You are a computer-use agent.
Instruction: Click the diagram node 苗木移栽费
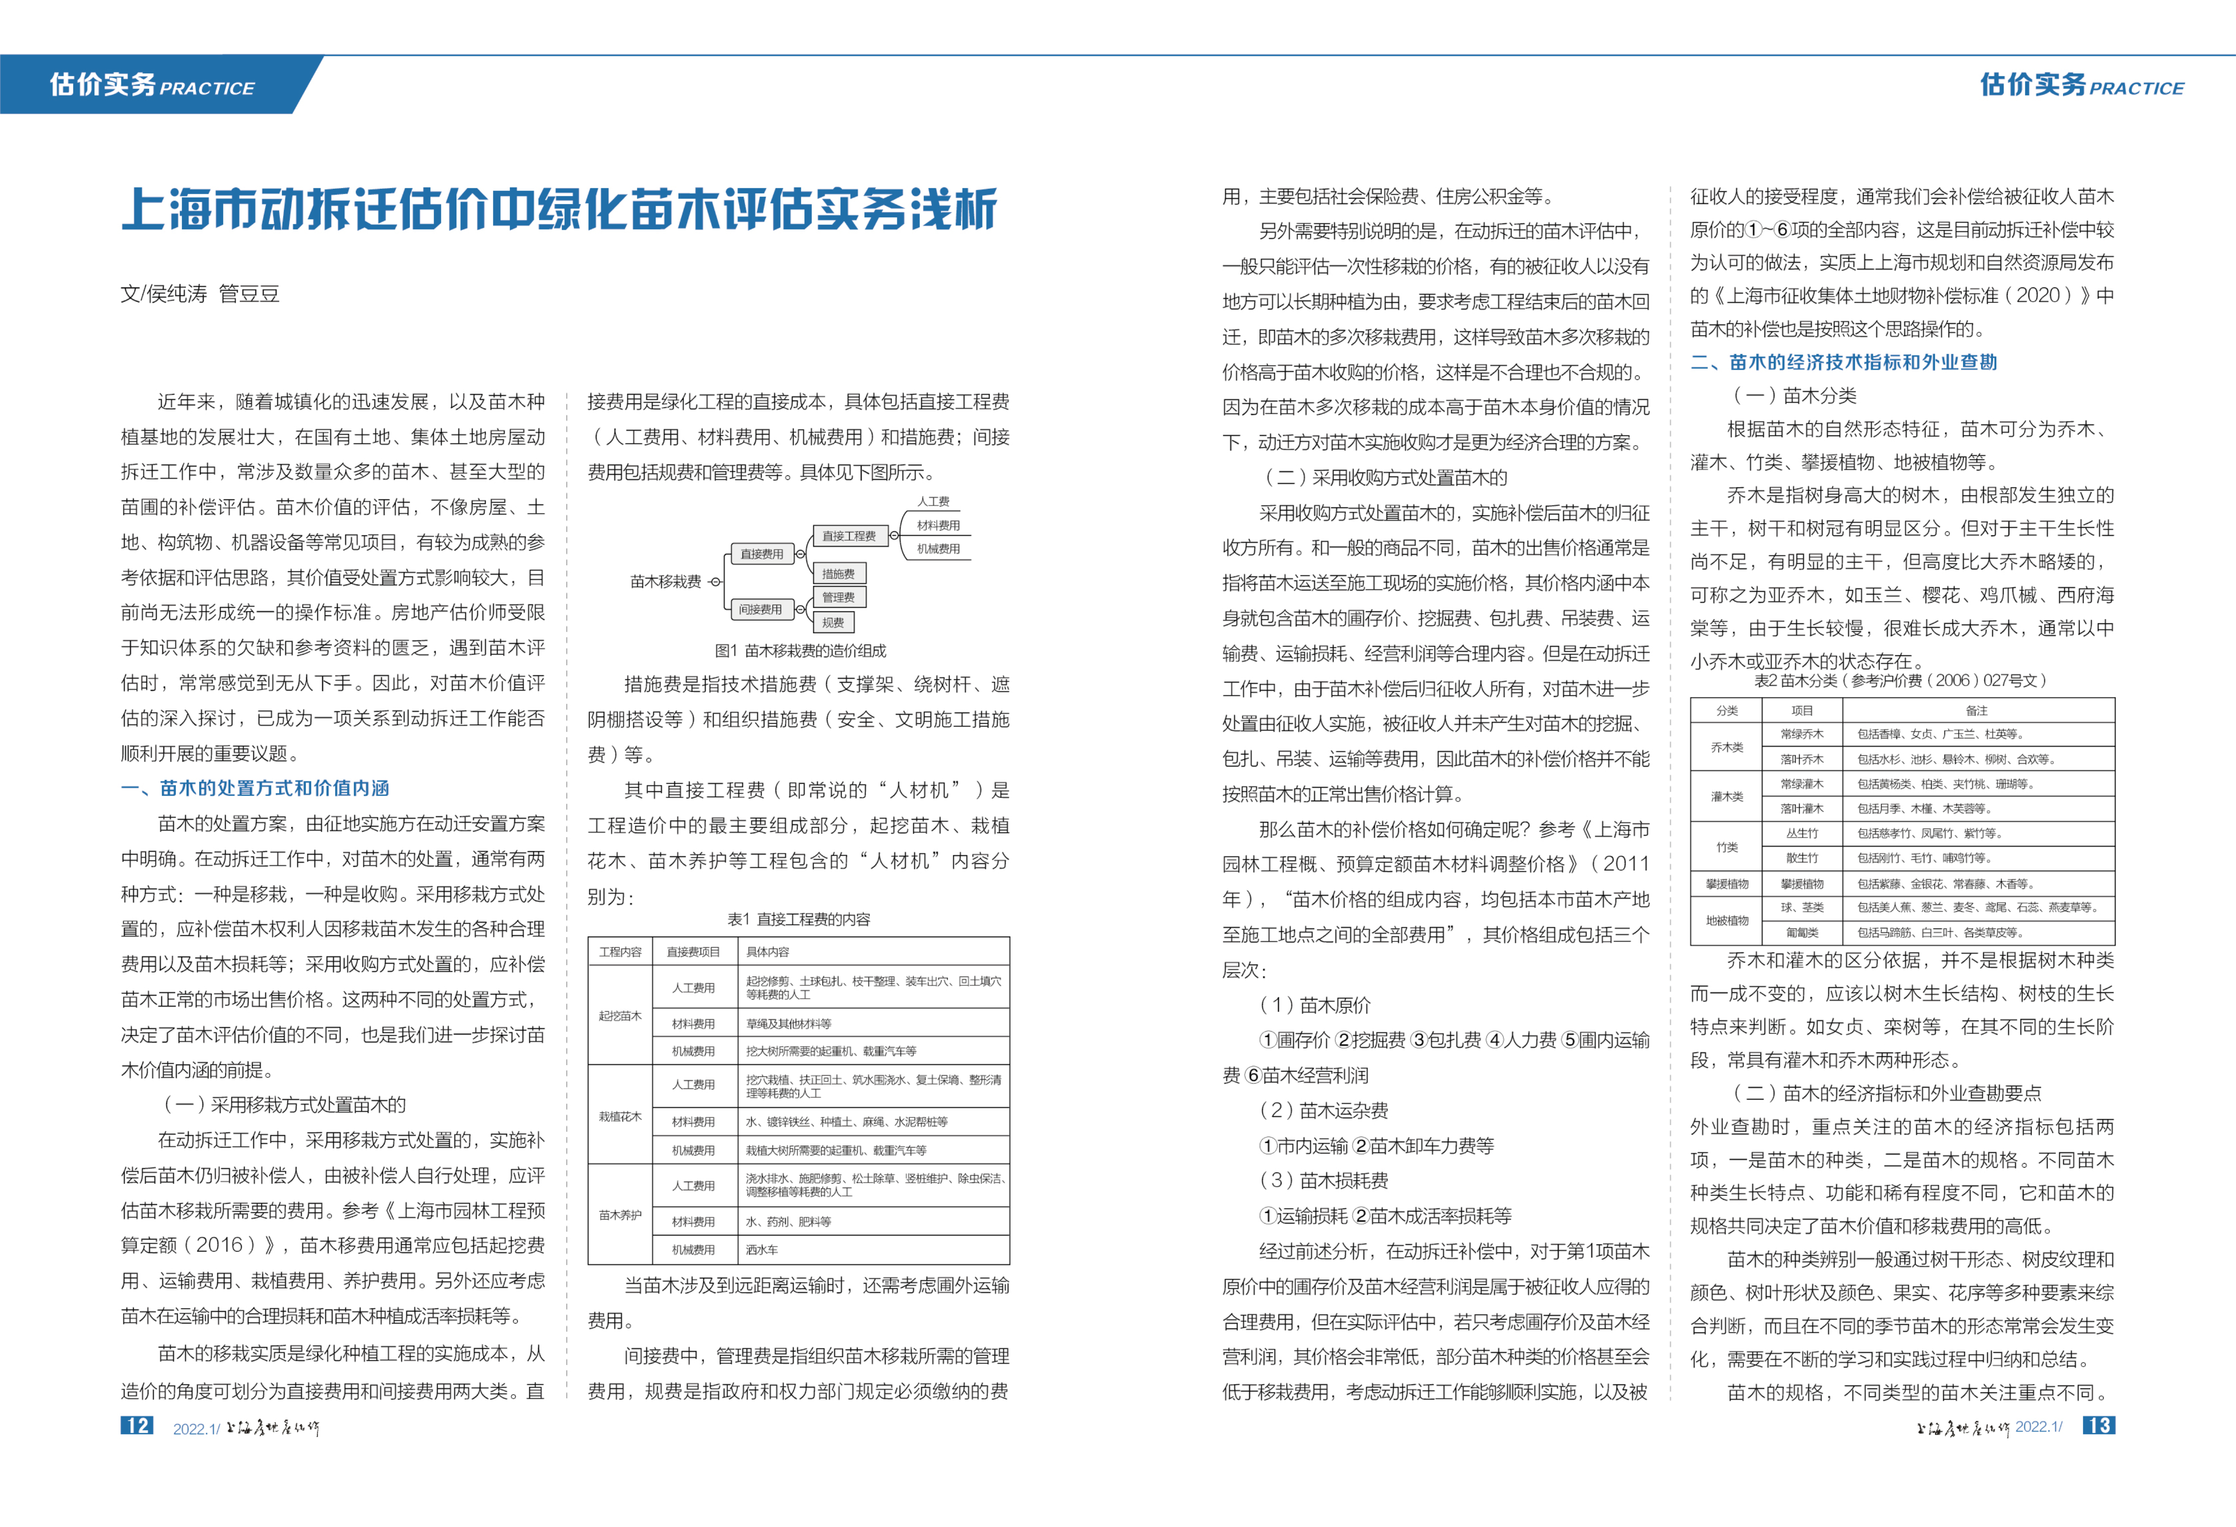point(666,581)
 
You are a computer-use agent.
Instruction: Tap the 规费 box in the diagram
point(833,622)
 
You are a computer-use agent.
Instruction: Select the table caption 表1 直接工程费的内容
point(799,919)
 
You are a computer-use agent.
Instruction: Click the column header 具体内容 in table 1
point(768,952)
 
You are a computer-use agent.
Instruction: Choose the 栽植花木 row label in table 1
point(619,1116)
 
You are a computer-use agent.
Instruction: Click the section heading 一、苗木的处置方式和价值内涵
point(255,788)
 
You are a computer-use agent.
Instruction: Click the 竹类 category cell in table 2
point(1727,847)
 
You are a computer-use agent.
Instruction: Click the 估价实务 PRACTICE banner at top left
point(152,86)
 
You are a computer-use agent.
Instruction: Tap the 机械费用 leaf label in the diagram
point(938,548)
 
